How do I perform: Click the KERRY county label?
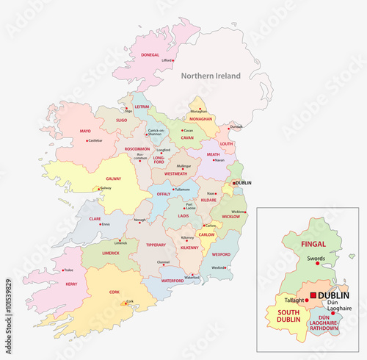point(71,283)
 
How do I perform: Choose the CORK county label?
point(115,292)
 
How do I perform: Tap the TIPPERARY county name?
point(156,245)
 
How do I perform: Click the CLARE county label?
point(95,218)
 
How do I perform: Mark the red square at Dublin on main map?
point(234,183)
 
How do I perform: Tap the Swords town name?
point(316,259)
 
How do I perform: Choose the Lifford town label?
point(167,60)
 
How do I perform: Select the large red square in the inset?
point(314,295)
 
